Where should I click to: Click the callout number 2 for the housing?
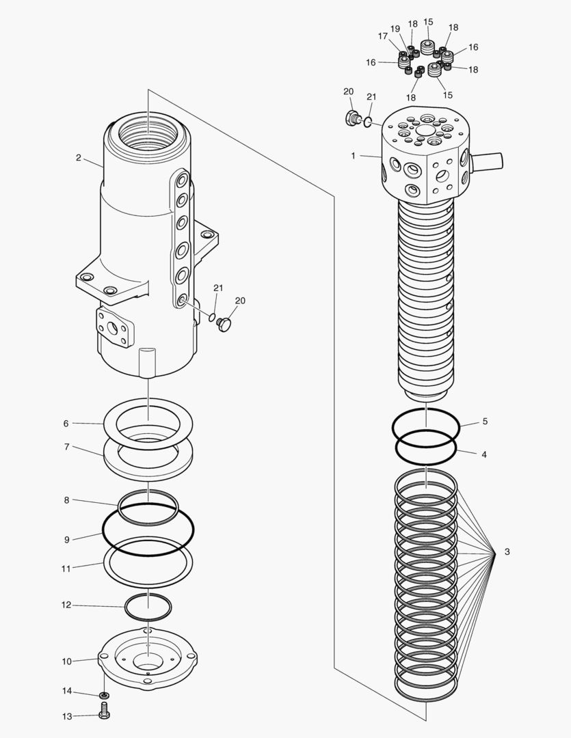pos(79,158)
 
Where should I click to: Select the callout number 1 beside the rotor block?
pos(353,156)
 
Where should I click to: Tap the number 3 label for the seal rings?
pos(507,551)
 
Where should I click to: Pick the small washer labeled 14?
pos(104,696)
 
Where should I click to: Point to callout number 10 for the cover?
pos(66,661)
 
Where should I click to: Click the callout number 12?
pos(66,605)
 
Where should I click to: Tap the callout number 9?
pos(66,540)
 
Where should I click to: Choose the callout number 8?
pos(66,500)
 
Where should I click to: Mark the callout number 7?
pos(66,447)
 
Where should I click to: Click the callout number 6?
pos(66,423)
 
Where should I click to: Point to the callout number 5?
pos(485,422)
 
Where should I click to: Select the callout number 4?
pos(485,454)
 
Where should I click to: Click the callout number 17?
pos(383,36)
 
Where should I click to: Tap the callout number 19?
pos(395,29)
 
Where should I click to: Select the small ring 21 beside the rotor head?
pos(368,122)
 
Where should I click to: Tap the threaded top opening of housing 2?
pos(147,131)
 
